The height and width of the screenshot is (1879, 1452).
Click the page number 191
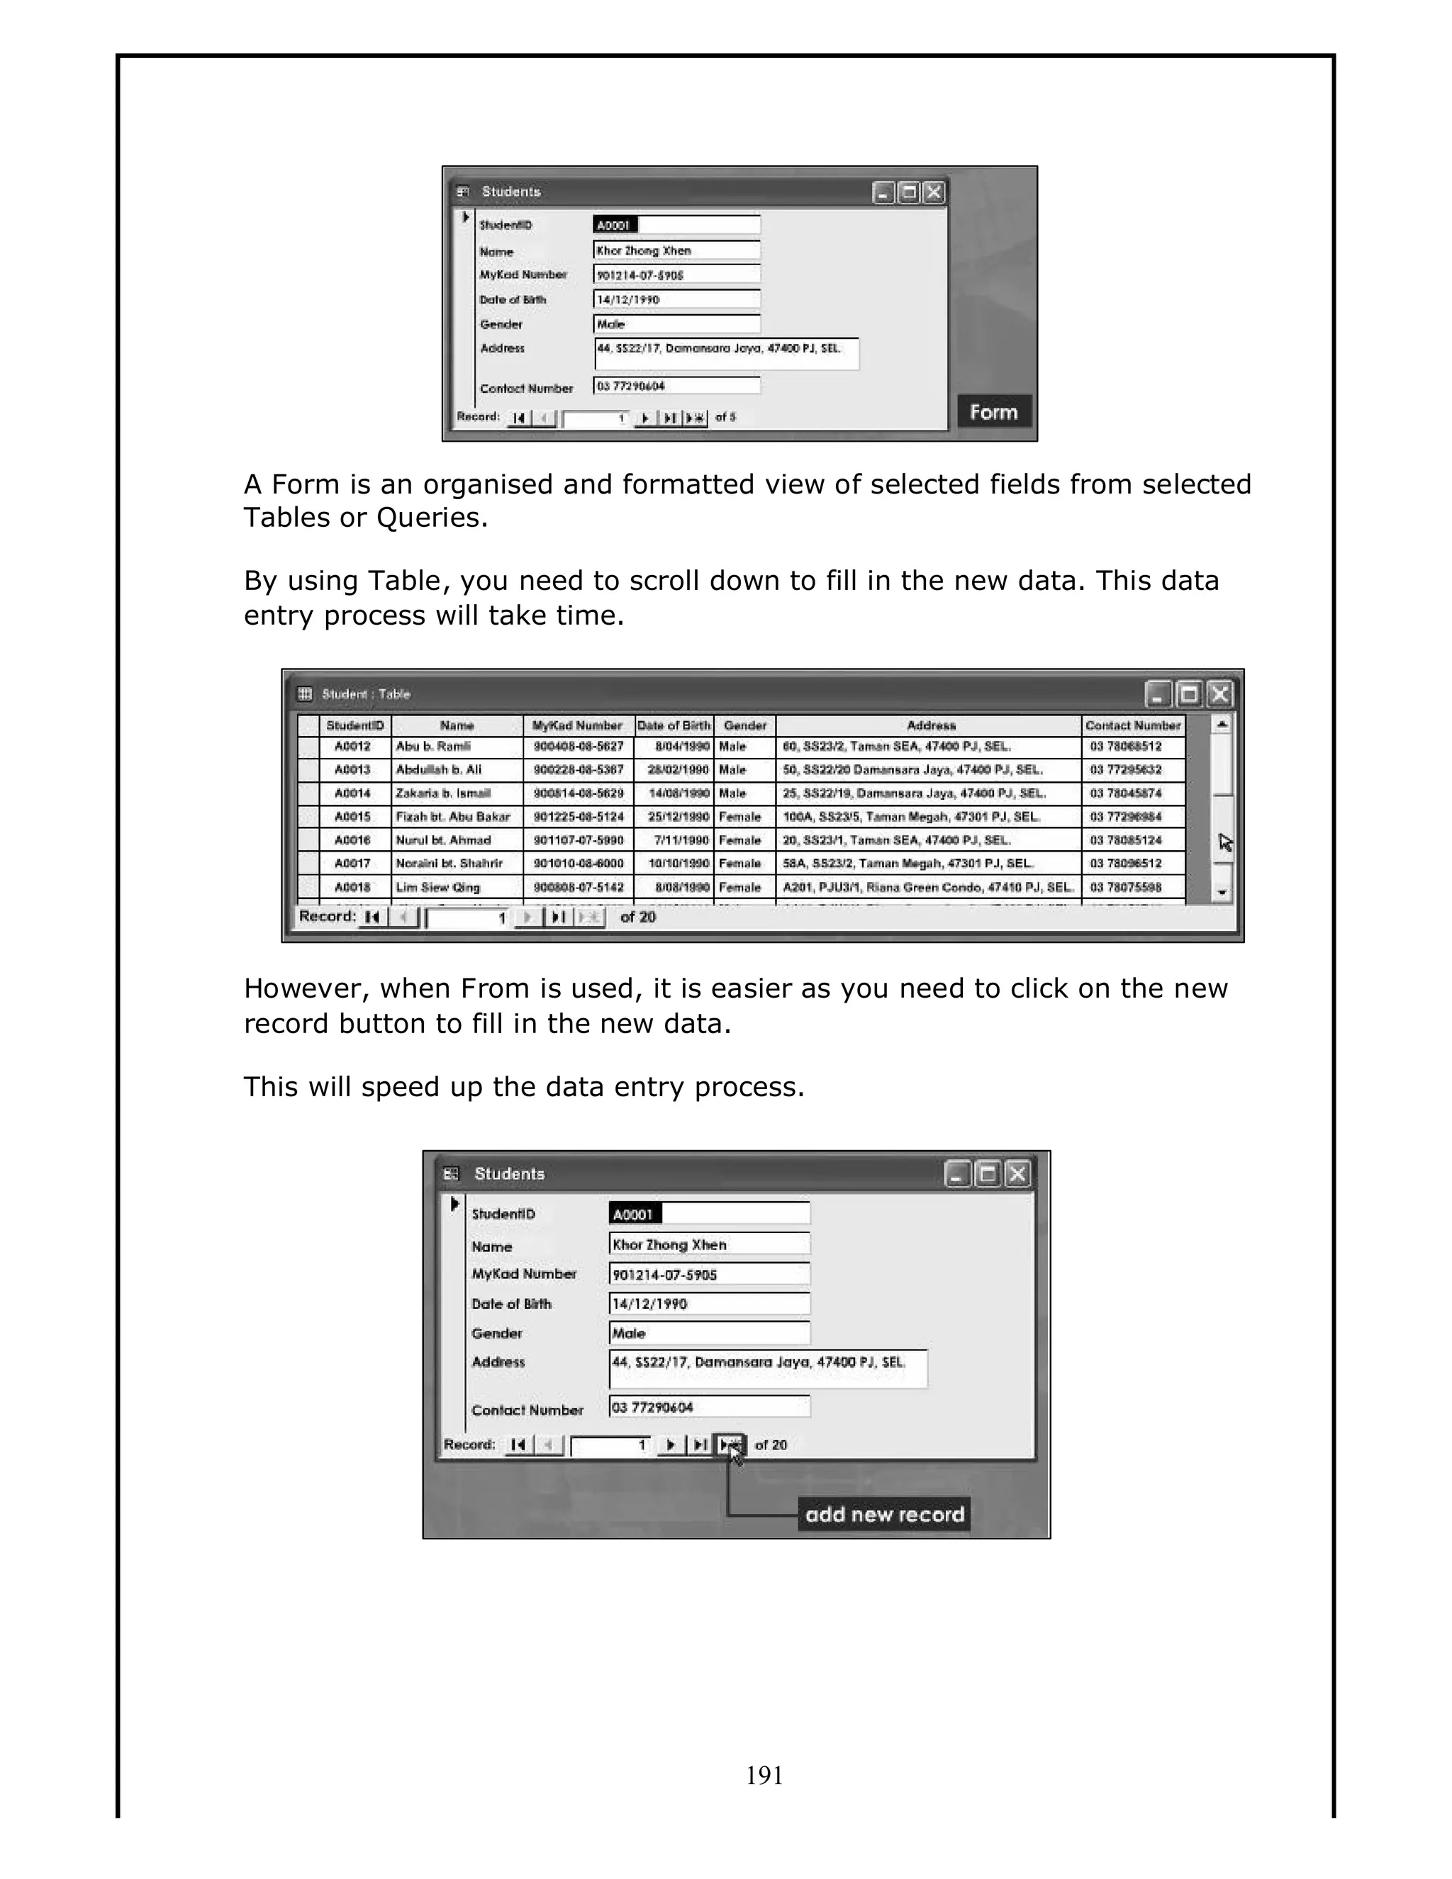[x=764, y=1775]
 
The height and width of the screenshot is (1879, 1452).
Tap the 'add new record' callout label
[x=884, y=1515]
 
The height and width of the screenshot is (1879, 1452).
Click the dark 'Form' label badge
[x=993, y=412]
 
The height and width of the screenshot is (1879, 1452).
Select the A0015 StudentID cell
[x=352, y=816]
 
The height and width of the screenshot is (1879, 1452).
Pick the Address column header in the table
[x=931, y=725]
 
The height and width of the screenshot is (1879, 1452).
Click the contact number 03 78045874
[x=1125, y=793]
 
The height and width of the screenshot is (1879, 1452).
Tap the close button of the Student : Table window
[x=1219, y=693]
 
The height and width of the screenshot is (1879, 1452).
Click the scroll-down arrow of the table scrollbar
[x=1222, y=893]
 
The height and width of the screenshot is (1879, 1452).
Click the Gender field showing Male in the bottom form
[x=709, y=1333]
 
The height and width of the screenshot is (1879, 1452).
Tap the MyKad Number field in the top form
[x=676, y=274]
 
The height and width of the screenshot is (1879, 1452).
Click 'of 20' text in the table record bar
[x=637, y=917]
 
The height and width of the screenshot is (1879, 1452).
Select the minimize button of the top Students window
[x=883, y=193]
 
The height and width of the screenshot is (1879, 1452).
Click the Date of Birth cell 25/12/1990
[x=678, y=816]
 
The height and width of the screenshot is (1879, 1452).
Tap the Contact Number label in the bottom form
[x=527, y=1410]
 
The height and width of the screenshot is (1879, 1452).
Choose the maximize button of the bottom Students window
[x=988, y=1173]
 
